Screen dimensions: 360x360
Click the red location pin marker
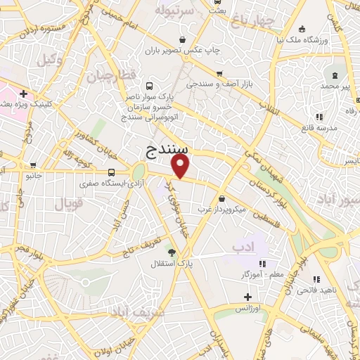point(181,166)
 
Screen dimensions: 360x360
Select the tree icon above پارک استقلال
point(171,251)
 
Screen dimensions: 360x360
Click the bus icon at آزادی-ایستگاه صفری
point(112,172)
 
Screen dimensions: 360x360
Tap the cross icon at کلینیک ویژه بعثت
point(24,93)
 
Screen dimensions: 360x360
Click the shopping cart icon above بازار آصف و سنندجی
point(219,73)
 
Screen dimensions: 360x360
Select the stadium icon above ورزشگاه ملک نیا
point(302,29)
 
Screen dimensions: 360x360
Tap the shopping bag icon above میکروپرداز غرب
point(221,198)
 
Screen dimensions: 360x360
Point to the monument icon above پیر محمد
point(334,74)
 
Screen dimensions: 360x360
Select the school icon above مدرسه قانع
point(319,117)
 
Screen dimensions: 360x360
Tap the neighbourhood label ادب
point(238,247)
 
